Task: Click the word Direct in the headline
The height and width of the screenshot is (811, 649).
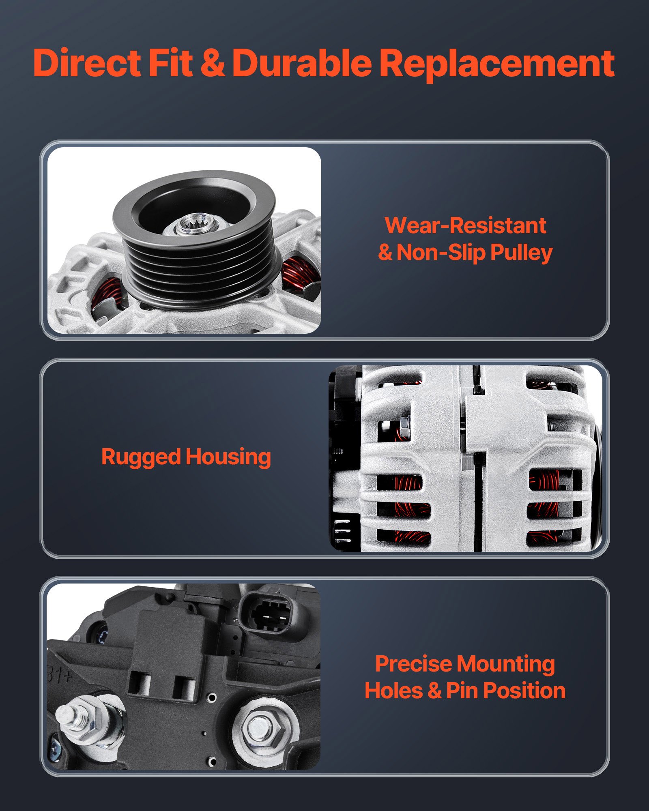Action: (87, 63)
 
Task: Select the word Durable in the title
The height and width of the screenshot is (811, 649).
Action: (302, 63)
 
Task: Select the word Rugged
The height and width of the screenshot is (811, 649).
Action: (141, 457)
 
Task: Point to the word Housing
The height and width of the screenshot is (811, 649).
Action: (228, 457)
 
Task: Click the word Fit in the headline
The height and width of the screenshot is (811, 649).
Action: (171, 63)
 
